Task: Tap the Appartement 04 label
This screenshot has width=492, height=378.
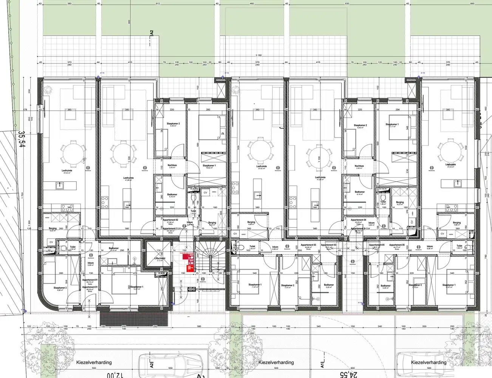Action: coord(358,220)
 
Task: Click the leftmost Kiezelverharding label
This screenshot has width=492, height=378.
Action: coord(93,362)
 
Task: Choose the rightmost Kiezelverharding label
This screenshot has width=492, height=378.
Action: coord(429,362)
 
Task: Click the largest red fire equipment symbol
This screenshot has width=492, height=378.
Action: coord(186,256)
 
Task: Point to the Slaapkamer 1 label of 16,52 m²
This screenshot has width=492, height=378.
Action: coord(209,166)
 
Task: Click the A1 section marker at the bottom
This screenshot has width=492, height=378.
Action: coord(323,365)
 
